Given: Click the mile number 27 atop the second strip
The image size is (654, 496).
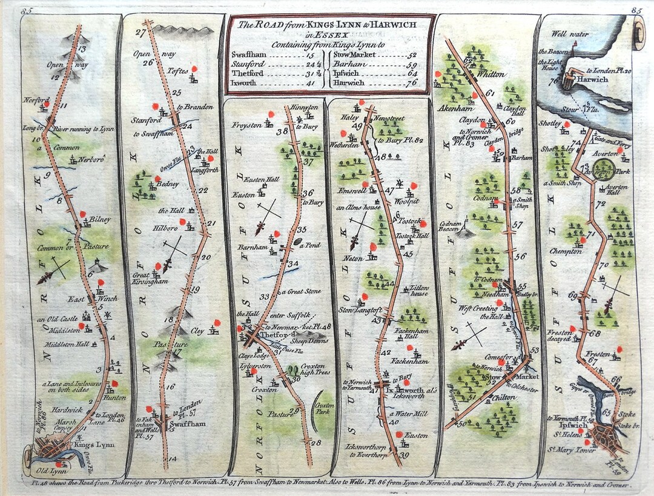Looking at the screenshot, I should (x=141, y=33).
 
